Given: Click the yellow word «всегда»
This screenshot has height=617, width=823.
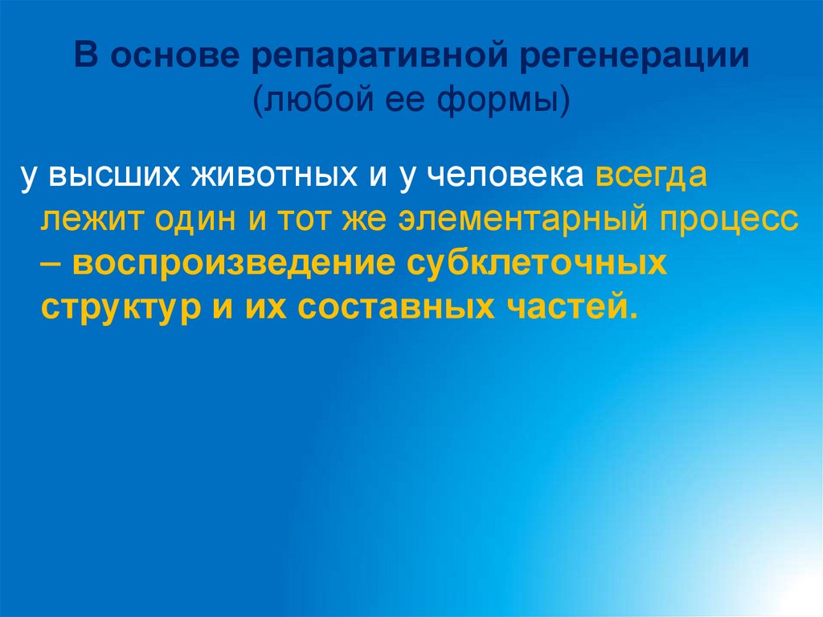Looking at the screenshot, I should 652,176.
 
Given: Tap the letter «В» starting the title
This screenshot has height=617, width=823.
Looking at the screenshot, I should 88,58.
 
